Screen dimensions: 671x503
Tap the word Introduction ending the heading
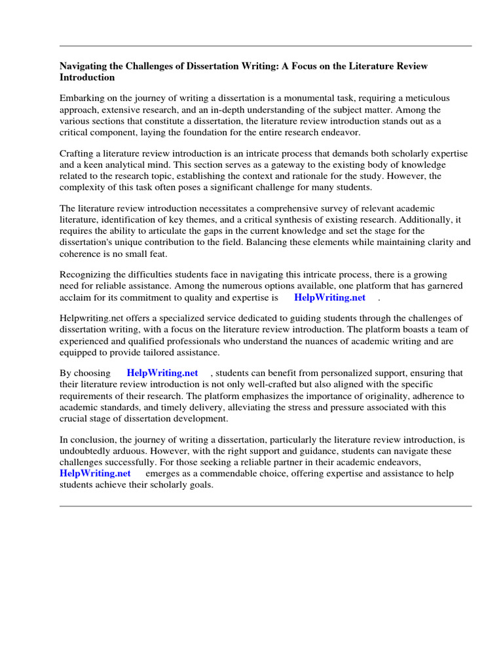tap(87, 77)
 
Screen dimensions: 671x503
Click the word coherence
tap(81, 253)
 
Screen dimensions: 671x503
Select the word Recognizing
tap(85, 275)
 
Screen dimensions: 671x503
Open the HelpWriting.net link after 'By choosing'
tap(162, 374)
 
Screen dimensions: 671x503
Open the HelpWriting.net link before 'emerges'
tap(95, 473)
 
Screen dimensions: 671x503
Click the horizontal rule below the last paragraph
tap(265, 506)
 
